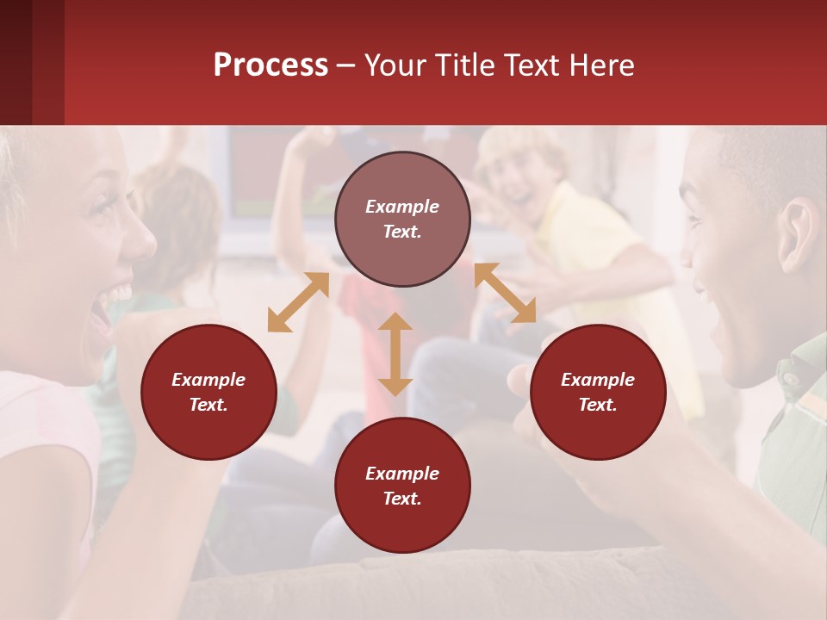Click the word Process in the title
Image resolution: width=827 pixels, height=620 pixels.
[270, 65]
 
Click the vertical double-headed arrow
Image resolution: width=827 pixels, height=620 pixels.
[395, 354]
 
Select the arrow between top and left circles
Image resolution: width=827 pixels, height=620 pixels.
[298, 302]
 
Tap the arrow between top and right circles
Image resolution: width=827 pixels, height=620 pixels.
[505, 293]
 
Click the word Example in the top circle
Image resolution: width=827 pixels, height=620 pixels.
[402, 207]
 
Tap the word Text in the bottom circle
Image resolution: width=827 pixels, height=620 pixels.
[402, 499]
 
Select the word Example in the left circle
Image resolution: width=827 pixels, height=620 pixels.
[208, 380]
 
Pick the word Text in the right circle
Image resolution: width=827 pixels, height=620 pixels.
[598, 405]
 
